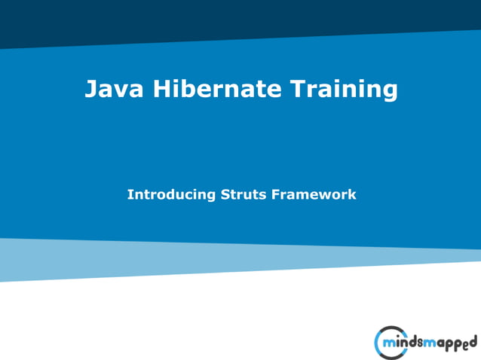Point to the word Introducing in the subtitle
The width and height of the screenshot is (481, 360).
[171, 194]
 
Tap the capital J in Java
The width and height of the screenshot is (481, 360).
[90, 90]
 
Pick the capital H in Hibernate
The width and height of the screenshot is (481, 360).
[162, 89]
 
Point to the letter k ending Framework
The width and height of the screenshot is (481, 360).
[351, 194]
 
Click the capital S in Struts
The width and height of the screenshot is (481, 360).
[225, 194]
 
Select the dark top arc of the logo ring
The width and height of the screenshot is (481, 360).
[392, 328]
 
